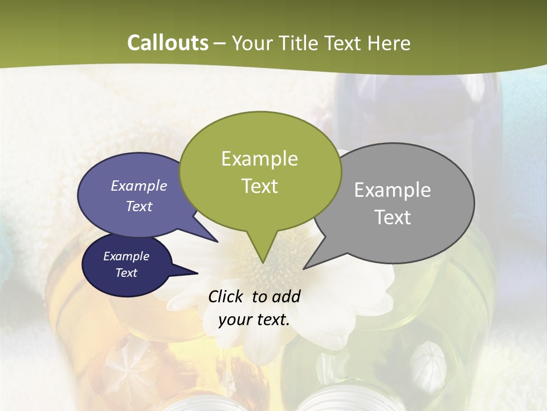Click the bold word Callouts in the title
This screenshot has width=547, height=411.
point(168,43)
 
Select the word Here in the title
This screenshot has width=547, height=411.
point(389,43)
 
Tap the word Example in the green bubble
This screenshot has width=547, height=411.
point(259,159)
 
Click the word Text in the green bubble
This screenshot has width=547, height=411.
point(259,186)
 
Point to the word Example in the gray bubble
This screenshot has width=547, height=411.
point(393,190)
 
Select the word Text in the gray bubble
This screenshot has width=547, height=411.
point(393,217)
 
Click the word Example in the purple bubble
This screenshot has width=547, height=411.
point(139,186)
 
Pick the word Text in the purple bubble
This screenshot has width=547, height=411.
point(139,206)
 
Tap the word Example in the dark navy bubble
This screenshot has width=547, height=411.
point(126,256)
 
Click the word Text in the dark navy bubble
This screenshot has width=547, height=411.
point(126,273)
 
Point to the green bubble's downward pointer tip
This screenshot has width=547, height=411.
point(263,263)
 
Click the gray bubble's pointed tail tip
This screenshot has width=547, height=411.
point(304,268)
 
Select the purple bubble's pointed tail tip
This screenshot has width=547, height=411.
point(218,241)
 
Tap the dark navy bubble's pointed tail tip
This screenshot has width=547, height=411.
point(198,273)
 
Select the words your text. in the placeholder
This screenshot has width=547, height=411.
point(254,320)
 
